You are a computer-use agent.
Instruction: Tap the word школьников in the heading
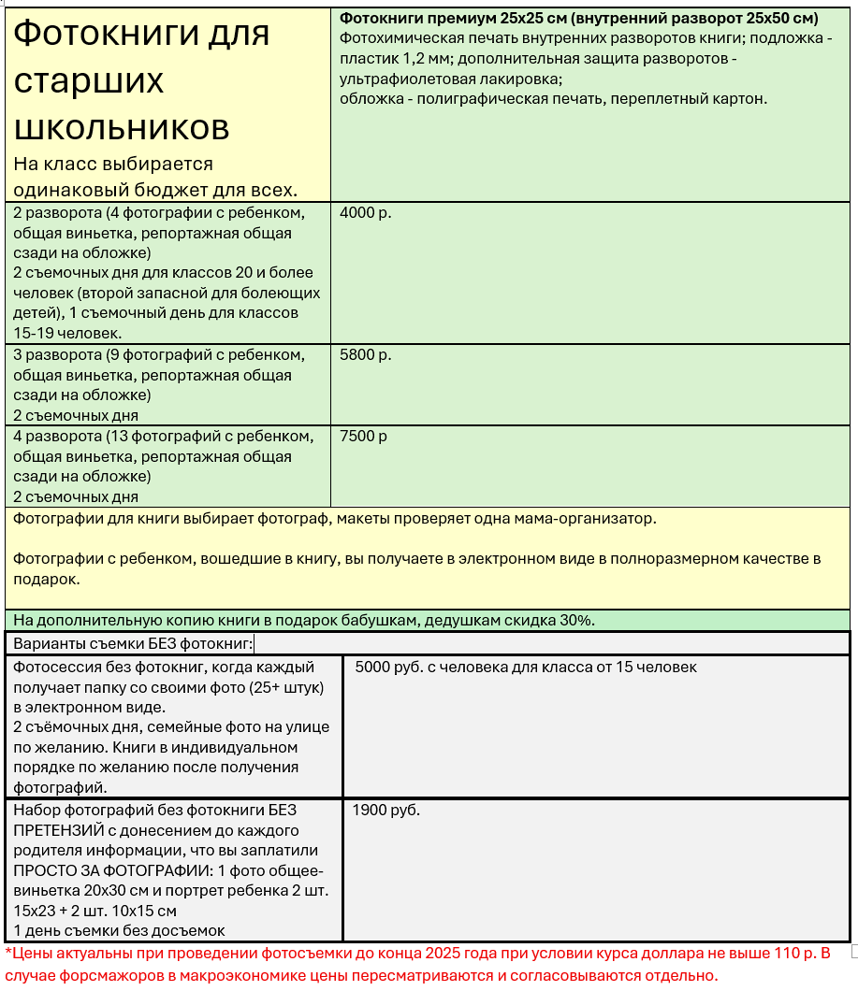coord(121,126)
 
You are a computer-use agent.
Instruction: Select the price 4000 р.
coord(366,212)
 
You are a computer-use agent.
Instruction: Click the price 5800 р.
coord(366,355)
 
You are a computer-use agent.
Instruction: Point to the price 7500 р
coord(364,437)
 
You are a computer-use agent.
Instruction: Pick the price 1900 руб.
coord(386,810)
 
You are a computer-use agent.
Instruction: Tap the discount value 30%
coord(576,620)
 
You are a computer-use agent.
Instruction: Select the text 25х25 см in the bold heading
coord(534,19)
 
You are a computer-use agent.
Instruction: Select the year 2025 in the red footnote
coord(444,954)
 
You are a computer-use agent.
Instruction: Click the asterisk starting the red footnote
coord(7,953)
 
